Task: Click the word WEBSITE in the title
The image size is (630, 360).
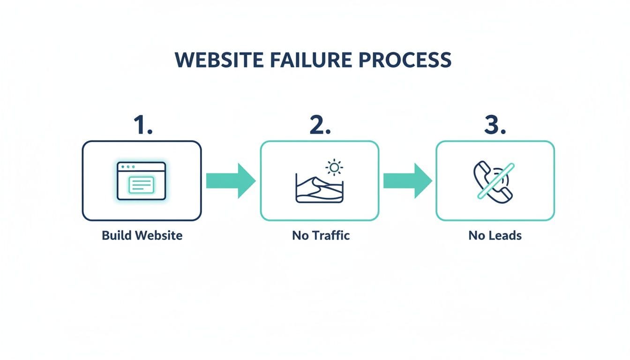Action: (x=219, y=60)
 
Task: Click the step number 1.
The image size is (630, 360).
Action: (x=143, y=125)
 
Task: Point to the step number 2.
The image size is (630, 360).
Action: (x=320, y=125)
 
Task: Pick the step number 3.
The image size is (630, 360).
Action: (x=495, y=125)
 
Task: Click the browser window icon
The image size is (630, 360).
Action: (x=142, y=181)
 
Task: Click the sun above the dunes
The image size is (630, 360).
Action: (x=334, y=167)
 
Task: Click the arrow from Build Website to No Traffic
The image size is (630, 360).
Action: (x=231, y=180)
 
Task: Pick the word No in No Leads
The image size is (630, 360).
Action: (x=476, y=235)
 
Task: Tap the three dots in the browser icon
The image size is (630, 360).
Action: (x=127, y=167)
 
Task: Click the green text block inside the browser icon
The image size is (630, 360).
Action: (x=142, y=185)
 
